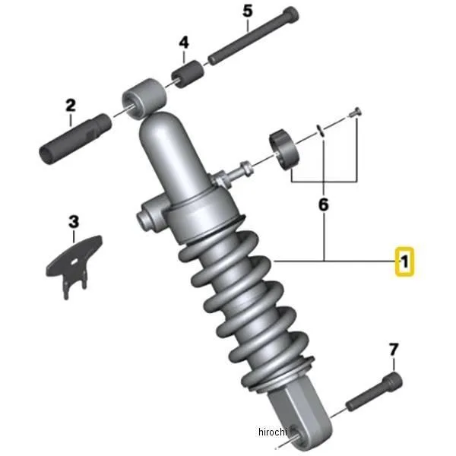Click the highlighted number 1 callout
coord(404,261)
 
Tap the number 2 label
coord(71,106)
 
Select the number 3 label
coord(74,222)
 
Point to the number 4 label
coord(183,43)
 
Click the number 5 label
coord(248,11)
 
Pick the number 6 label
coord(324,204)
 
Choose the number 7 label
coord(393,350)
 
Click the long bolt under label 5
coord(253,36)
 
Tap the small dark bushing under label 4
coord(187,74)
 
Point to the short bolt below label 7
coord(374,391)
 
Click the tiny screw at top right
coord(355,112)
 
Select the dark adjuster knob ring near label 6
coord(284,150)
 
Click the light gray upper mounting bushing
coord(144,98)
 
